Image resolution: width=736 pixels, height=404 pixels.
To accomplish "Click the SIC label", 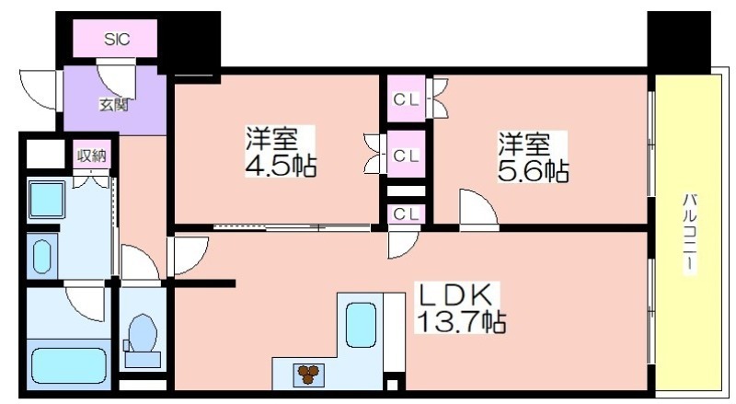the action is pyautogui.click(x=117, y=40).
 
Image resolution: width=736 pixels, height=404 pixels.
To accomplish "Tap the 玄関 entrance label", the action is pyautogui.click(x=113, y=104).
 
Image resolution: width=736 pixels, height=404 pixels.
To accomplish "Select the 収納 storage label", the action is pyautogui.click(x=93, y=155).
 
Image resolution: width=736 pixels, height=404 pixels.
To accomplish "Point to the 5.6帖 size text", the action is pyautogui.click(x=533, y=171).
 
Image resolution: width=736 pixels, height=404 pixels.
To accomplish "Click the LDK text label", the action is pyautogui.click(x=454, y=295).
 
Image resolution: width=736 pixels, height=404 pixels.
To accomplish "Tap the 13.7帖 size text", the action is pyautogui.click(x=462, y=322).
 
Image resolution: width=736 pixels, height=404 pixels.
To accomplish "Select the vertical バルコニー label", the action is pyautogui.click(x=689, y=233).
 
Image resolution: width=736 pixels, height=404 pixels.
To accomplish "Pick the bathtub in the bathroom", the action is pyautogui.click(x=68, y=366).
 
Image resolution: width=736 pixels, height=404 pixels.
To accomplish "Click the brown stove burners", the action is pyautogui.click(x=308, y=375).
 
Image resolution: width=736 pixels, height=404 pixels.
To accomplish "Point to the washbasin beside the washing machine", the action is pyautogui.click(x=41, y=257).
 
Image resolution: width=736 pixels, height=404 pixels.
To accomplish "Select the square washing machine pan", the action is pyautogui.click(x=46, y=200).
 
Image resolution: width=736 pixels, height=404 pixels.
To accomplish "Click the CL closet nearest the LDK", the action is pyautogui.click(x=406, y=214).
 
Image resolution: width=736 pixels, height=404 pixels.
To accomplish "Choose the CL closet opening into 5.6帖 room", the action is pyautogui.click(x=406, y=99).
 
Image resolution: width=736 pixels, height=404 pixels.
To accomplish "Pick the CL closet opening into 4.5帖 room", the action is pyautogui.click(x=406, y=155).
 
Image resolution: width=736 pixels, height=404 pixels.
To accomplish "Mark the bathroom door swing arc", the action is pyautogui.click(x=85, y=304).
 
